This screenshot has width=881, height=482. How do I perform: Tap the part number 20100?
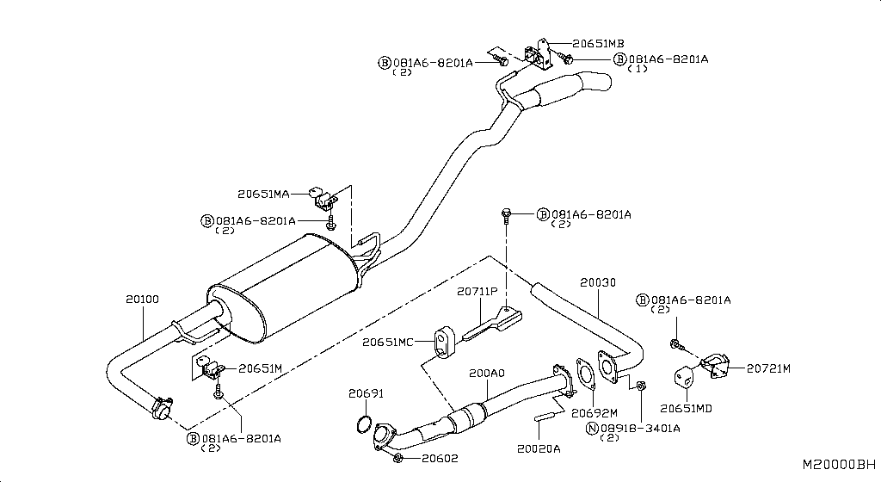(x=142, y=299)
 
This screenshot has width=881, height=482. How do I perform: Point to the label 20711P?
(x=477, y=292)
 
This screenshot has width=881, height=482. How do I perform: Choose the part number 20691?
(x=366, y=393)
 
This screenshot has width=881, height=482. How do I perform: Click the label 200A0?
(x=487, y=374)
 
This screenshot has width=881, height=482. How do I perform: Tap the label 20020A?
(x=539, y=448)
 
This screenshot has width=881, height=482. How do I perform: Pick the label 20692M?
(x=595, y=412)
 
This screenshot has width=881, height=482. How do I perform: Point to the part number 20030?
(x=597, y=281)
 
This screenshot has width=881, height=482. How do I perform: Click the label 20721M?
(x=768, y=368)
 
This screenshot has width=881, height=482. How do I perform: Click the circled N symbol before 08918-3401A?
(x=592, y=427)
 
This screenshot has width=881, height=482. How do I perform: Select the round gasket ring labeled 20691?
(x=365, y=424)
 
